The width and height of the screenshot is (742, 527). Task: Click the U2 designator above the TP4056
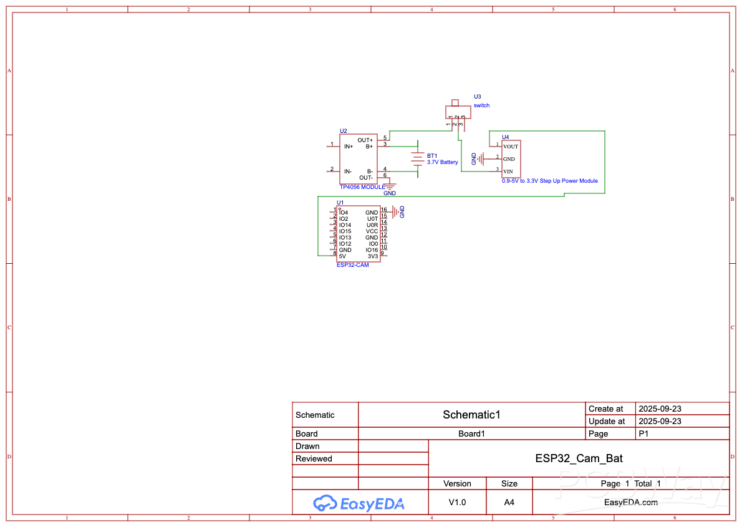(x=343, y=131)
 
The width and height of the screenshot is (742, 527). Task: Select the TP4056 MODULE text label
(x=362, y=187)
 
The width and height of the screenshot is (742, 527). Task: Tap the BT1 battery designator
(x=432, y=155)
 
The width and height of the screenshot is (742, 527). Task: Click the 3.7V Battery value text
(x=442, y=162)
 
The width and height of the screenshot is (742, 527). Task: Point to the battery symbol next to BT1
(x=417, y=160)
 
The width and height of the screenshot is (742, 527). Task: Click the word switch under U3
(x=481, y=105)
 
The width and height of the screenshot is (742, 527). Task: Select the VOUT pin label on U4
(x=511, y=147)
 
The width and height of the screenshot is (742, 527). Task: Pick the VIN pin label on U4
(x=508, y=172)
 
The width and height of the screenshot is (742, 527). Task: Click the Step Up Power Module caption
(x=549, y=181)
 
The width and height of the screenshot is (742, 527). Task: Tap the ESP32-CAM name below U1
(x=352, y=265)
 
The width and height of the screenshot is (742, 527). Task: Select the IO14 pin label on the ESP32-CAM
(x=345, y=225)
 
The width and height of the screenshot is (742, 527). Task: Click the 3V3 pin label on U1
(x=372, y=256)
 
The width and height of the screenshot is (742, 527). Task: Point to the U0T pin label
(x=372, y=219)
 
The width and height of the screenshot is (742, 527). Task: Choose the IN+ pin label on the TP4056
(x=349, y=147)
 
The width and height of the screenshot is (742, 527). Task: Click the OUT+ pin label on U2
(x=365, y=140)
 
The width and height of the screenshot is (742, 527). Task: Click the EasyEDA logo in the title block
(x=359, y=503)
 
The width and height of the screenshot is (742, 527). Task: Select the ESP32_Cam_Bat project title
(x=579, y=458)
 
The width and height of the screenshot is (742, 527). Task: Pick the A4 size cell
(x=509, y=502)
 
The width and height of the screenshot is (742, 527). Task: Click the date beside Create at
(x=660, y=409)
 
